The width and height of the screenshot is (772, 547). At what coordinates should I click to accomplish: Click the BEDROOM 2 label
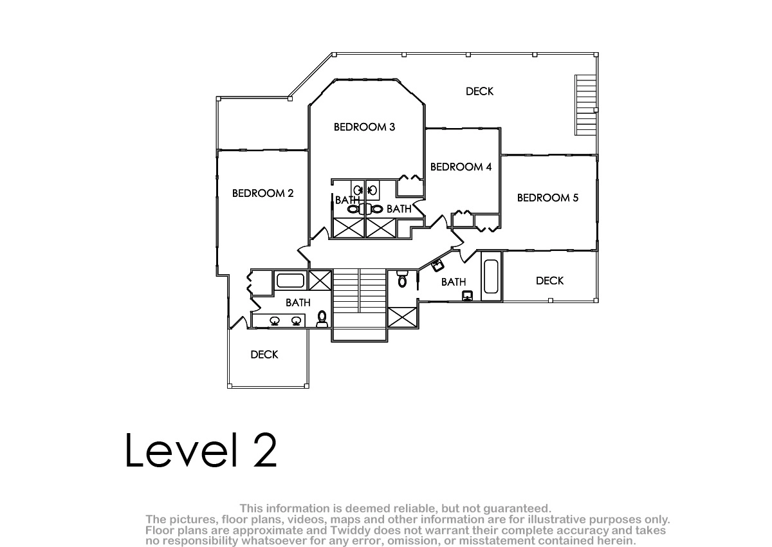pos(262,193)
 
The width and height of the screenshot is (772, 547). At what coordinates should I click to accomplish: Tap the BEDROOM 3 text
pos(364,127)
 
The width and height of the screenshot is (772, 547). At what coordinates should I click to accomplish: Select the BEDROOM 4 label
pos(461,167)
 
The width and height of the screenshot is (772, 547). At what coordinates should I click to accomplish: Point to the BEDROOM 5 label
pos(547,198)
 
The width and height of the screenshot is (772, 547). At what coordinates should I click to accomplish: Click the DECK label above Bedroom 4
pos(479,91)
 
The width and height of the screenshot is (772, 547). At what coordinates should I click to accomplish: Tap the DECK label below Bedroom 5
pos(549,281)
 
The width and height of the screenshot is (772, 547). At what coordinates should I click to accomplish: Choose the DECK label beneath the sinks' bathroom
pos(264,355)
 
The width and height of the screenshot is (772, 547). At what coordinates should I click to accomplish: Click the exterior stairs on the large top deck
pos(585,105)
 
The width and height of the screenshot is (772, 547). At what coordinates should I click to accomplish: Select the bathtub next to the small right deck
pos(491,277)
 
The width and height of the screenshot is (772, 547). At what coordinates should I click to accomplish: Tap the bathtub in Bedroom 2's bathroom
pos(290,281)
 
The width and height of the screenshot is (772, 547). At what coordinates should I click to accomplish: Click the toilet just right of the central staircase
pos(402,279)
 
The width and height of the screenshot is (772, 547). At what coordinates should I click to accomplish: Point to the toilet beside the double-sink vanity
pos(322,319)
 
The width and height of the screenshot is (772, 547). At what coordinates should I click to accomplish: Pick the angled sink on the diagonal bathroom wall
pos(437,265)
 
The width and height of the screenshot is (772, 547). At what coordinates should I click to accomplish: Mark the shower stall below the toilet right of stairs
pos(402,317)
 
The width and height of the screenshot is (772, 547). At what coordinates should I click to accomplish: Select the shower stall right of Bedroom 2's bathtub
pos(320,281)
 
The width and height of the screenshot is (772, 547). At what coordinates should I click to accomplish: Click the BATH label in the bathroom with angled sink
pos(454,282)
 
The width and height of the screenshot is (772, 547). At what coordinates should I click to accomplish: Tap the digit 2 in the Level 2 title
pos(265,450)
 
